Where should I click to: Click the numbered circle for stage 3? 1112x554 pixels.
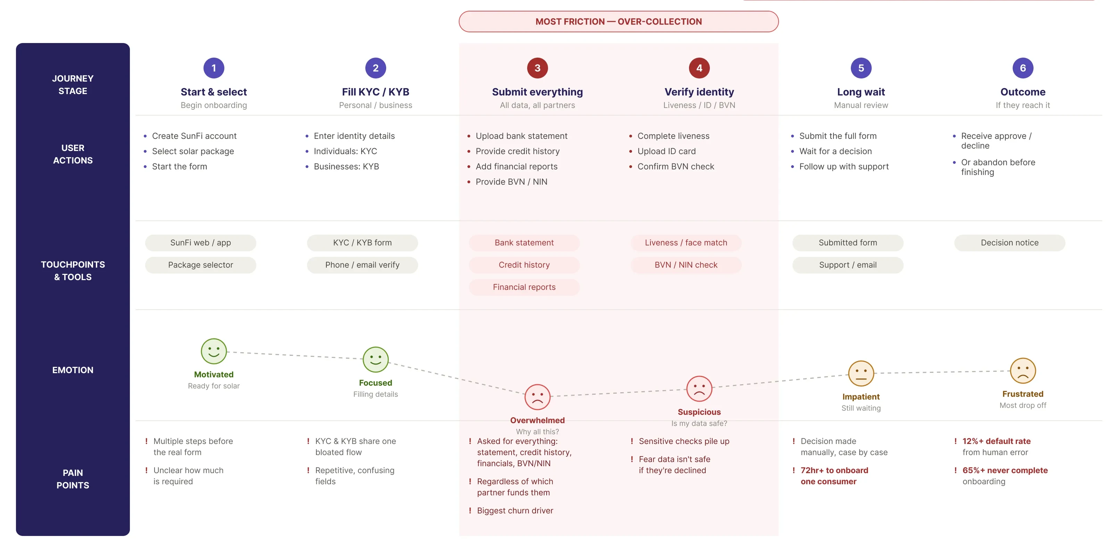coord(538,68)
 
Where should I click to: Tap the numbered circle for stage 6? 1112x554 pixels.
coord(1023,68)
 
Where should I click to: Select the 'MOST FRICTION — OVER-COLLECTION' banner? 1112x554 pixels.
coord(619,22)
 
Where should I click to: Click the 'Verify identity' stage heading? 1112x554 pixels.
coord(699,92)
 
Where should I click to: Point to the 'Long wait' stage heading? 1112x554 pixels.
coord(861,92)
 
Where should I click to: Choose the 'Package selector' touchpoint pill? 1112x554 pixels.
coord(201,265)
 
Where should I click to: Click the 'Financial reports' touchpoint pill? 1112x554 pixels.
coord(524,287)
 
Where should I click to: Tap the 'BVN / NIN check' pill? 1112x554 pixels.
coord(686,265)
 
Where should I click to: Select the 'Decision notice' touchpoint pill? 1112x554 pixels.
coord(1010,243)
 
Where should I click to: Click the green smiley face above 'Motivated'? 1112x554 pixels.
coord(214,351)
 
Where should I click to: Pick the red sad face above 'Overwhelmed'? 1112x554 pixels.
coord(538,397)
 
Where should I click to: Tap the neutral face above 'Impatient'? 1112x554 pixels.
coord(861,373)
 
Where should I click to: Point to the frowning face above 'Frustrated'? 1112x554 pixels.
coord(1023,371)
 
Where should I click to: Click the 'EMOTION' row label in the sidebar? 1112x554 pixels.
coord(73,370)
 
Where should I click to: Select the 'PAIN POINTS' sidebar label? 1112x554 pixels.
coord(73,479)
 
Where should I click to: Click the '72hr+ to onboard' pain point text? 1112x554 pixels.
coord(834,470)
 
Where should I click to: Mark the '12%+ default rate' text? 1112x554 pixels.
coord(996,441)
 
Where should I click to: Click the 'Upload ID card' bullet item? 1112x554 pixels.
coord(666,151)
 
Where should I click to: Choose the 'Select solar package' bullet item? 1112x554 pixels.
coord(193,151)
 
